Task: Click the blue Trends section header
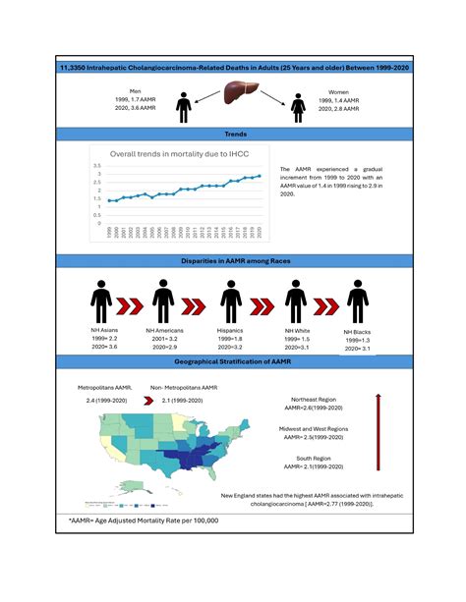click(x=233, y=132)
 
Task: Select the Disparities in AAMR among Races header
click(x=233, y=260)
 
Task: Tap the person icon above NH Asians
click(x=100, y=299)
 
